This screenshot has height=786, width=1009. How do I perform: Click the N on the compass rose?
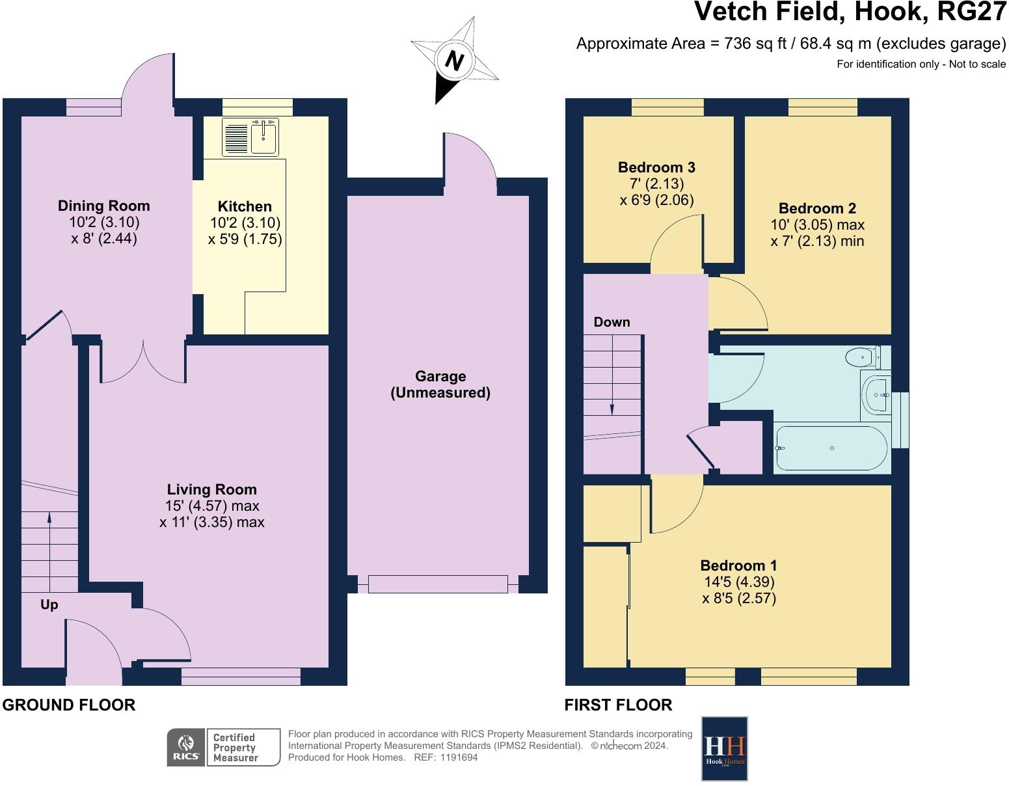click(x=455, y=61)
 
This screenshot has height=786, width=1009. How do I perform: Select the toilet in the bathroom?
click(x=863, y=357)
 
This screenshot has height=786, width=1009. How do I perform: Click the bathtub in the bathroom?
click(x=831, y=448)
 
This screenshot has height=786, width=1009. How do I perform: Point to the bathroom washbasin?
click(x=876, y=395)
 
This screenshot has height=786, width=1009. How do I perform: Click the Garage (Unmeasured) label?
click(x=440, y=385)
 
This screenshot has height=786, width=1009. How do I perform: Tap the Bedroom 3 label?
click(x=656, y=167)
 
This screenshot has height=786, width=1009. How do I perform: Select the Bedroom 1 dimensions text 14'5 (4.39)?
click(x=739, y=581)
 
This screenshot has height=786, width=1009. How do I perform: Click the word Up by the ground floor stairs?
click(x=49, y=605)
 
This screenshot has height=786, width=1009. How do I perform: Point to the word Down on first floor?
click(x=612, y=321)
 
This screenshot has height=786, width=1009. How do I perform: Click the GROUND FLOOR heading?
click(x=69, y=705)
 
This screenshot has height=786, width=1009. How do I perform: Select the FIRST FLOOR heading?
click(x=618, y=705)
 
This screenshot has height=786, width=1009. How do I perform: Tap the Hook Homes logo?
click(x=724, y=749)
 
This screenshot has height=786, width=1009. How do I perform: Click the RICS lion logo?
click(x=186, y=747)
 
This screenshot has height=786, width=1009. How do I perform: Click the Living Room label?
click(x=211, y=489)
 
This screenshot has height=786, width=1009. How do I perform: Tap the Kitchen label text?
click(x=244, y=206)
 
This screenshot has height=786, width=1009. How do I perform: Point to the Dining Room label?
click(x=103, y=206)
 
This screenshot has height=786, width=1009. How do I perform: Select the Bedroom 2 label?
click(x=817, y=208)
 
